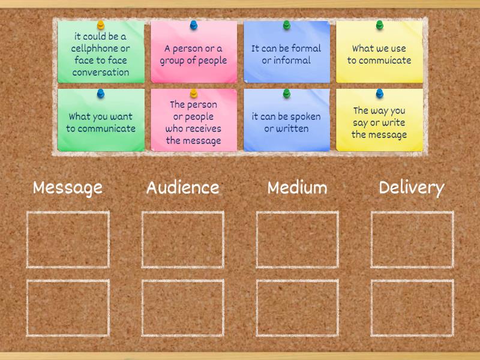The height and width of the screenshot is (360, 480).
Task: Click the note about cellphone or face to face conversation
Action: point(101,54)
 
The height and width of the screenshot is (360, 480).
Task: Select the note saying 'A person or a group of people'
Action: point(193,54)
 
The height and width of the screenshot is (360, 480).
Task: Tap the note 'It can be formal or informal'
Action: point(286,54)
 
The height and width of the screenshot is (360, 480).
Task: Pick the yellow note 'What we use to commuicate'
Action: point(379,54)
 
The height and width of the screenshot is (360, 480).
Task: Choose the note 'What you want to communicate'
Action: point(101,122)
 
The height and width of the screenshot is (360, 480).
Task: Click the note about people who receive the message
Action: point(193,122)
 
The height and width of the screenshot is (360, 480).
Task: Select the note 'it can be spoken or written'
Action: point(286,122)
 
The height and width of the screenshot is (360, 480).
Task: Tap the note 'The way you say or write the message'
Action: point(379,122)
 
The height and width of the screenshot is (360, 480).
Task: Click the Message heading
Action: point(68,188)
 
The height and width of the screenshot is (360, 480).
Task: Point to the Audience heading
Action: point(183,188)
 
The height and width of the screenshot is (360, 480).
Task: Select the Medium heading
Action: point(298,188)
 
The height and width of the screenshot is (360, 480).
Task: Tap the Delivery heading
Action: point(412,188)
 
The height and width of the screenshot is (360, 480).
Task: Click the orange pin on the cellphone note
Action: point(101,25)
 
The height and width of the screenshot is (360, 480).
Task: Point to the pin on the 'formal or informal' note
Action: point(286,25)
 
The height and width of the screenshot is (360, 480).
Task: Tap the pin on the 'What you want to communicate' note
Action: point(101,93)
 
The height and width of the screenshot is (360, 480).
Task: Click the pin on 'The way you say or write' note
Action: point(379,93)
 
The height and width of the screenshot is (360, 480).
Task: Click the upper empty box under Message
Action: point(68,239)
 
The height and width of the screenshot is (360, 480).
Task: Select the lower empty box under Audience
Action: point(183,308)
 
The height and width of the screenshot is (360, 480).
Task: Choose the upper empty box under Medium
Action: point(298,239)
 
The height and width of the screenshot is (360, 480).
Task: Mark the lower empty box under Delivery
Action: point(412,308)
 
